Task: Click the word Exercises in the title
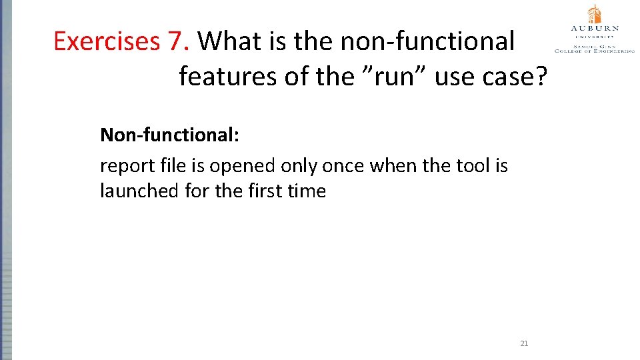click(107, 42)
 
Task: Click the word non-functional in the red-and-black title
click(427, 42)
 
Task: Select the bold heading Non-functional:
click(169, 135)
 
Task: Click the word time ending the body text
click(307, 191)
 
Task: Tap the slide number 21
click(523, 343)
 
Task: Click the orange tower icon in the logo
click(594, 14)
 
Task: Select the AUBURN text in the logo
click(594, 29)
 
